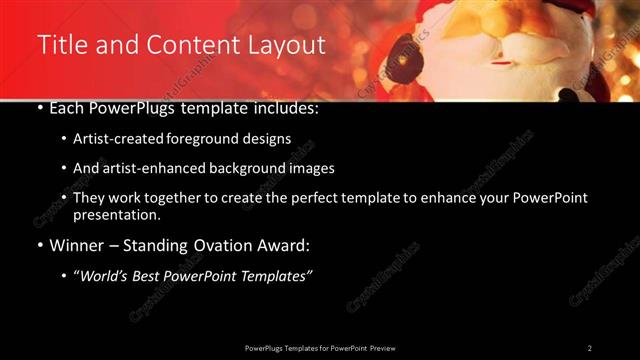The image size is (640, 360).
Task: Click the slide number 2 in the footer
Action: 590,348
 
